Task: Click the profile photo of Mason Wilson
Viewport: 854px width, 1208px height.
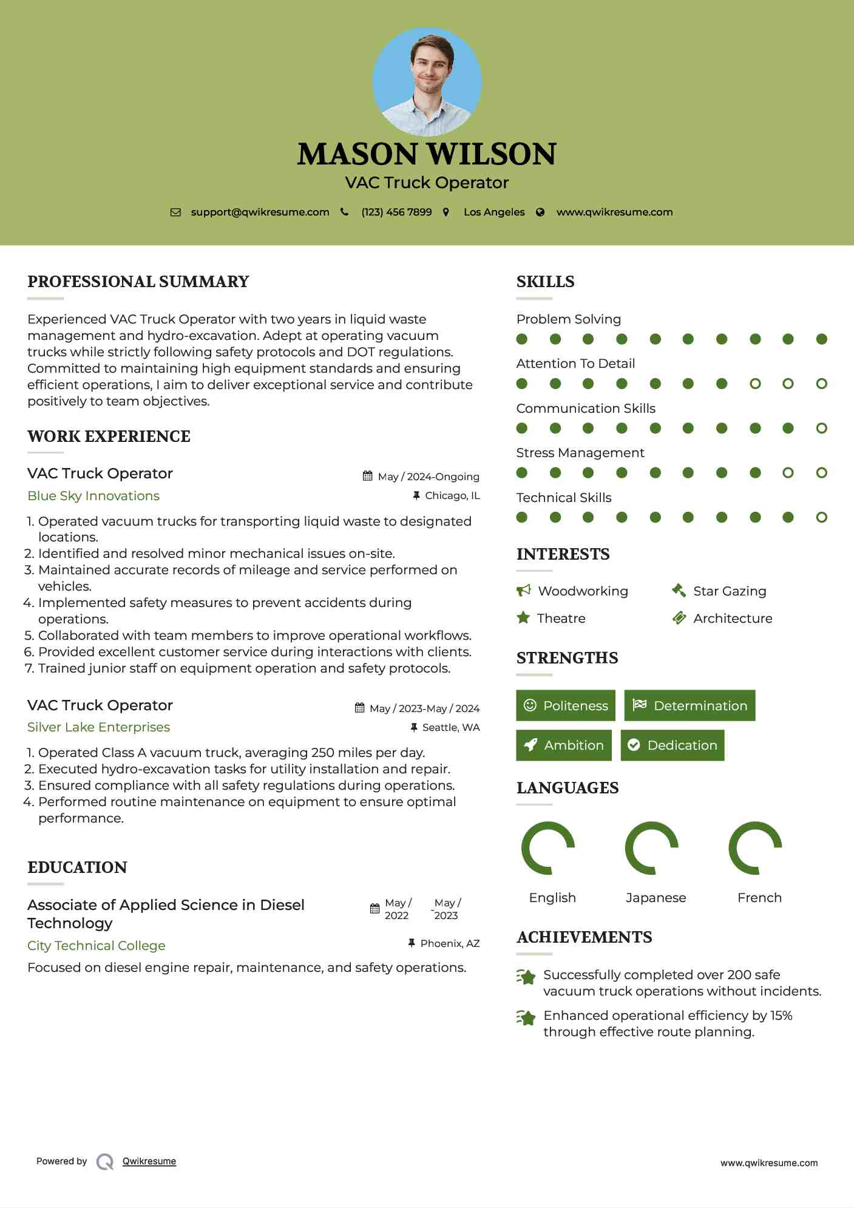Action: pyautogui.click(x=427, y=81)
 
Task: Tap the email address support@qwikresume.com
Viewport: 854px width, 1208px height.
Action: pyautogui.click(x=260, y=212)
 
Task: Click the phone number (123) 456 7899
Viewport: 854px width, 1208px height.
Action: pyautogui.click(x=396, y=212)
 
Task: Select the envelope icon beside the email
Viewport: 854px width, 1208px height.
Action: pyautogui.click(x=175, y=212)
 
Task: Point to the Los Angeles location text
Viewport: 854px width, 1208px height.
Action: pyautogui.click(x=494, y=212)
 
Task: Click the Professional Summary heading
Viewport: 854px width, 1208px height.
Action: pyautogui.click(x=138, y=282)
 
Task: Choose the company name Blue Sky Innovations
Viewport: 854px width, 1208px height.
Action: pyautogui.click(x=93, y=496)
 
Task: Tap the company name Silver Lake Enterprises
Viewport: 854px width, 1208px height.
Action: pyautogui.click(x=98, y=727)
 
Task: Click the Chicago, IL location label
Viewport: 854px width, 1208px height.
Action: pyautogui.click(x=452, y=496)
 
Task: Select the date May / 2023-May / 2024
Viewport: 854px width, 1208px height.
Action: pyautogui.click(x=424, y=708)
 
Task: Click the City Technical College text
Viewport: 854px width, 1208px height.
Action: pyautogui.click(x=97, y=946)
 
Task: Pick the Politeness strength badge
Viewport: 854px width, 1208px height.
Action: pyautogui.click(x=566, y=705)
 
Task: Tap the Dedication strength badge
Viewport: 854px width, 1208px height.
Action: pyautogui.click(x=673, y=745)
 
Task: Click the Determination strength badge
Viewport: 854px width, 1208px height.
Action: pyautogui.click(x=690, y=705)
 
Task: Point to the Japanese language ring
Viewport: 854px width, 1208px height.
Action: pyautogui.click(x=651, y=848)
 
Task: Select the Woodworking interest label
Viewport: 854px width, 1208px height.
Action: pyautogui.click(x=583, y=591)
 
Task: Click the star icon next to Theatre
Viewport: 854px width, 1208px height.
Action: pyautogui.click(x=523, y=618)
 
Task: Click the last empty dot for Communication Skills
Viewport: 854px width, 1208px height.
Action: pyautogui.click(x=821, y=429)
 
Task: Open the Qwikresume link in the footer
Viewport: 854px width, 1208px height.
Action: pyautogui.click(x=149, y=1161)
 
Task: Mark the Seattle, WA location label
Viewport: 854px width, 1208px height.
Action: pyautogui.click(x=451, y=727)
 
